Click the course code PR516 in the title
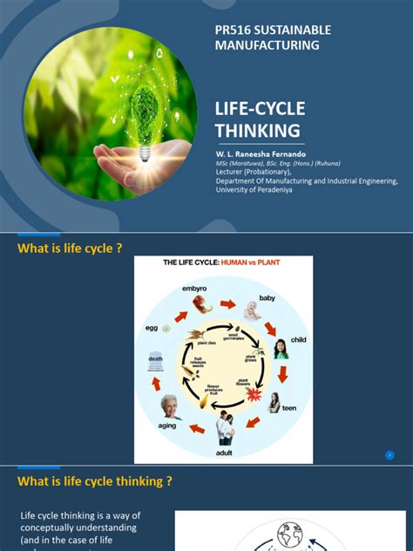pyautogui.click(x=233, y=31)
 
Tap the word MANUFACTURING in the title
pyautogui.click(x=267, y=45)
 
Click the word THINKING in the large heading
pyautogui.click(x=258, y=131)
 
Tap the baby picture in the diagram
pyautogui.click(x=252, y=311)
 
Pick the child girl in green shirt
pyautogui.click(x=281, y=349)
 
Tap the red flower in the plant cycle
pyautogui.click(x=254, y=395)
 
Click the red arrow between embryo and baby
pyautogui.click(x=227, y=304)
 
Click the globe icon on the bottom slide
pyautogui.click(x=290, y=532)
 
